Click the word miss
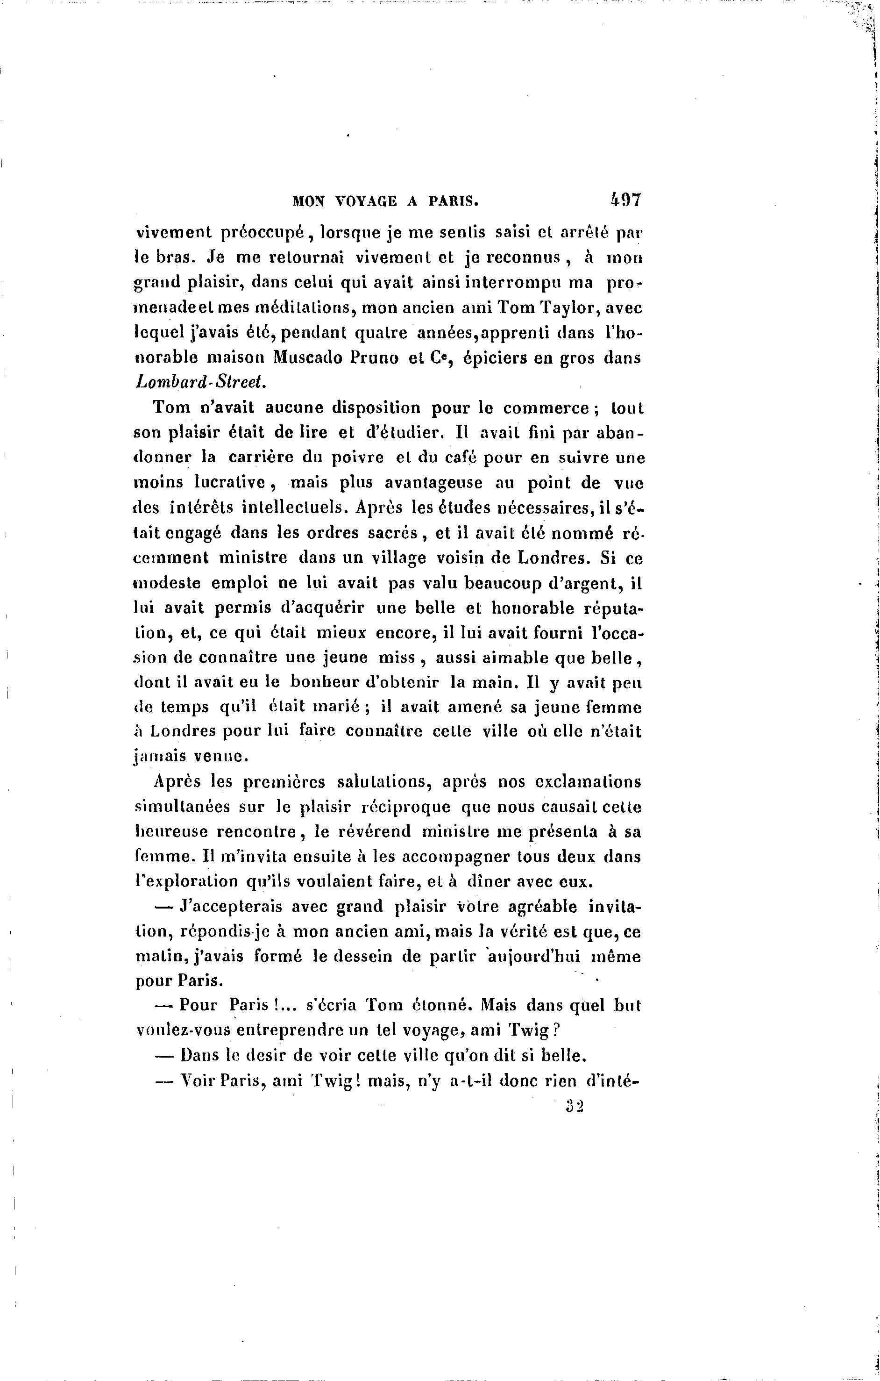pyautogui.click(x=398, y=658)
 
